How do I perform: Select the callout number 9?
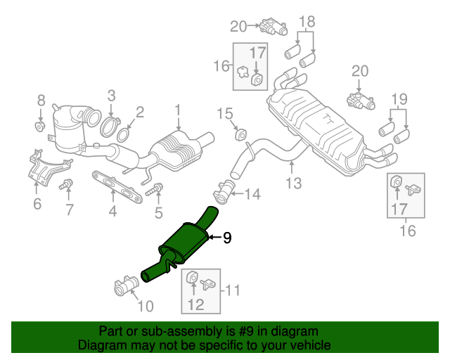click(226, 238)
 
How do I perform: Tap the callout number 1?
click(178, 110)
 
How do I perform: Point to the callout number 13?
click(293, 184)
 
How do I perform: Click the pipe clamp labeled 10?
click(125, 288)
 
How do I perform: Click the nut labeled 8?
click(41, 127)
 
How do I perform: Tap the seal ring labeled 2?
click(123, 134)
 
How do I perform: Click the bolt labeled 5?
click(156, 189)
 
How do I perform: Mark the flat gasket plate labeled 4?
click(117, 185)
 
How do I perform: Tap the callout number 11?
click(233, 289)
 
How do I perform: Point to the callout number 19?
click(399, 98)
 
